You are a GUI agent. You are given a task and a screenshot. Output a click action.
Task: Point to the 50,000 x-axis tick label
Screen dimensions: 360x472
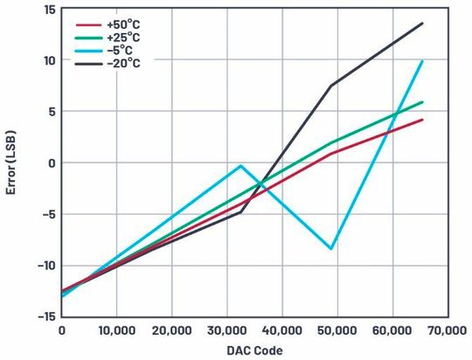pos(336,330)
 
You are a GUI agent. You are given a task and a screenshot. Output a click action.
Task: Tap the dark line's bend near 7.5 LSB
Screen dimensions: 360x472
pos(331,86)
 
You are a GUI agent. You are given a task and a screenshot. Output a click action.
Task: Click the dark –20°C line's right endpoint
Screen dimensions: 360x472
pos(422,24)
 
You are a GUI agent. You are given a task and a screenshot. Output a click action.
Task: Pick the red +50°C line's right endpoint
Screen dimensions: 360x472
pos(422,120)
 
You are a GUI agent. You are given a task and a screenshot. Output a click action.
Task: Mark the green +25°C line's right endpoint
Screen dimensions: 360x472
pos(422,102)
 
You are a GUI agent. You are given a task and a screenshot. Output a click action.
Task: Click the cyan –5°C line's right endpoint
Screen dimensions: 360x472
pos(422,61)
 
